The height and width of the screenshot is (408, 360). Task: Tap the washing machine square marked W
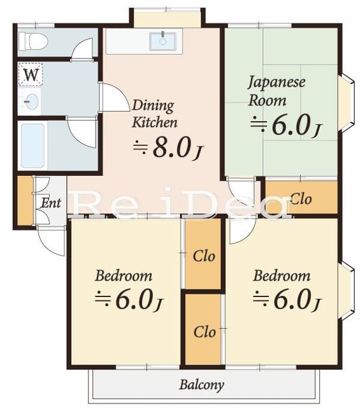tap(31, 74)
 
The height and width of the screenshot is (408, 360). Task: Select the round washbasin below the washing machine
tap(31, 101)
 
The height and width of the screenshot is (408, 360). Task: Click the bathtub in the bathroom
tap(32, 146)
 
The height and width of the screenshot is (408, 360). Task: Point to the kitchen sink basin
tap(163, 41)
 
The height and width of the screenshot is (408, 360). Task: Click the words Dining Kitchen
tap(154, 113)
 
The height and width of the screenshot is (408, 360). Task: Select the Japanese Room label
tap(277, 91)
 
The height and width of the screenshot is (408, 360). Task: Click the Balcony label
tap(201, 385)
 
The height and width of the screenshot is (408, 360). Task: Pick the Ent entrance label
tap(51, 203)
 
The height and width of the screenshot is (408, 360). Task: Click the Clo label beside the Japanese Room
tap(301, 200)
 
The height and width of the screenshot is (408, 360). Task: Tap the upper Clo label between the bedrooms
tap(204, 256)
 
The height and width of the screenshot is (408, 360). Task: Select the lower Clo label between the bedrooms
tap(205, 332)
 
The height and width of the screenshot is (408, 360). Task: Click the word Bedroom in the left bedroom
tap(124, 276)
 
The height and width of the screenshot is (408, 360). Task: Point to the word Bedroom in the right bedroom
tap(282, 276)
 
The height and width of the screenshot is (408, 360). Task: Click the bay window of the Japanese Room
tap(346, 103)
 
